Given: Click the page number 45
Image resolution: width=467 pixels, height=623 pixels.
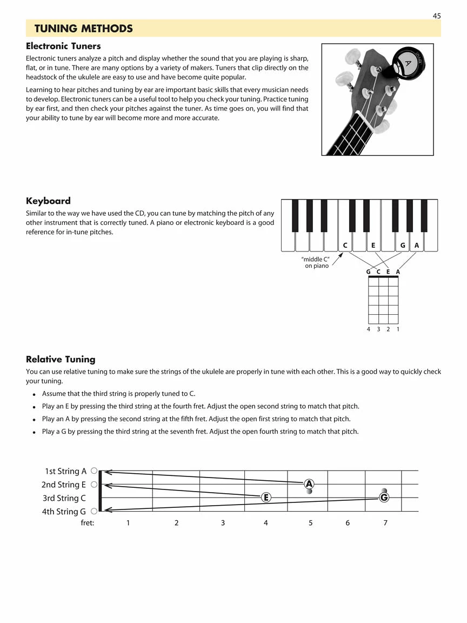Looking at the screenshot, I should [437, 16].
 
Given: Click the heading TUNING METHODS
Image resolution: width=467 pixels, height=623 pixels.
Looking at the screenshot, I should [83, 29].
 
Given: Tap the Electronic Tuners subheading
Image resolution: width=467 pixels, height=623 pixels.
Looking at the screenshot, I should [63, 46].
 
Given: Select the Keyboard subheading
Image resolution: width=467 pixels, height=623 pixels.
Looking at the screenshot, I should [48, 201].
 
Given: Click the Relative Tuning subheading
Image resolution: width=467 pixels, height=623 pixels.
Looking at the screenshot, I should [61, 359].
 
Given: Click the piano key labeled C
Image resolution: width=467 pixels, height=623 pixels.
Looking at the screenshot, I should [345, 245].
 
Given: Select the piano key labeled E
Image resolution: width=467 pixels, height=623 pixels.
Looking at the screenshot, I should [373, 245].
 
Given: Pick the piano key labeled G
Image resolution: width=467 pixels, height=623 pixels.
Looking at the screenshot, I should [403, 245].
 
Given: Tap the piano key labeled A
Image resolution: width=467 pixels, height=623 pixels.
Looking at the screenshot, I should [417, 245].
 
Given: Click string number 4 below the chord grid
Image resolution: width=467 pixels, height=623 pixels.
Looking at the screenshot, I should [369, 329].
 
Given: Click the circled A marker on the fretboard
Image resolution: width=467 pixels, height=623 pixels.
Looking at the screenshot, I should [309, 483].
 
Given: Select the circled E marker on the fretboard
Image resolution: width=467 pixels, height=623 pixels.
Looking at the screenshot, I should [266, 498].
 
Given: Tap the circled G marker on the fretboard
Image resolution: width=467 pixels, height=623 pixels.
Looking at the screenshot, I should [384, 498].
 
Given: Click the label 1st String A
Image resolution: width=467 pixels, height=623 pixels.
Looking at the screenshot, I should [65, 471].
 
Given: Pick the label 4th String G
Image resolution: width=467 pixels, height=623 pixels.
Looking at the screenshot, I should [64, 512].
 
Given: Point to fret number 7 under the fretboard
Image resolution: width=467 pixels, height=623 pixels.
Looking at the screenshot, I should [385, 523].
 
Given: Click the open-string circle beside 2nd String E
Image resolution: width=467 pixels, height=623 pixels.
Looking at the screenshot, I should [94, 485].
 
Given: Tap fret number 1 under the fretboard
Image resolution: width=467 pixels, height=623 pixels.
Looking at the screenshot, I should [128, 523].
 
